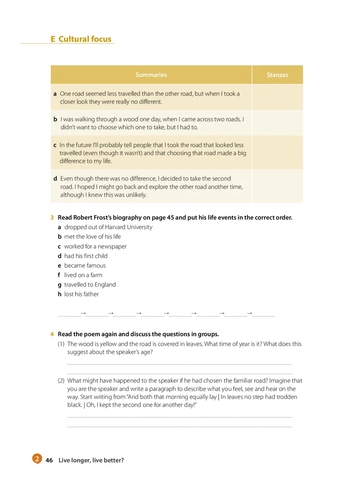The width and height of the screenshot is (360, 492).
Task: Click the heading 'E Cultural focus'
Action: [81, 39]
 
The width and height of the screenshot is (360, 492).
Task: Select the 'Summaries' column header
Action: [151, 75]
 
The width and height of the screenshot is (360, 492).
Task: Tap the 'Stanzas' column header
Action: [277, 75]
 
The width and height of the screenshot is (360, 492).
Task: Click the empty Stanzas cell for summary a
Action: [277, 98]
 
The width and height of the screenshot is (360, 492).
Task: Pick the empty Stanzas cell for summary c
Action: [277, 153]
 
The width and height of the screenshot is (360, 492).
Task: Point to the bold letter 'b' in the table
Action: [55, 119]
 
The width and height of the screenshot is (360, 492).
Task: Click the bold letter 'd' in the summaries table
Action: [55, 179]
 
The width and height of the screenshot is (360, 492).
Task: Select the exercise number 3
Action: [52, 218]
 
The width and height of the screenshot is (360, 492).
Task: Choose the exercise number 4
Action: [52, 334]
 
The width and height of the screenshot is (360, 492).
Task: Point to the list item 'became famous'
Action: [85, 265]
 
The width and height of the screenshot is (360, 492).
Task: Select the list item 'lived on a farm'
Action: [83, 275]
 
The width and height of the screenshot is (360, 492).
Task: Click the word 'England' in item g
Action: [104, 285]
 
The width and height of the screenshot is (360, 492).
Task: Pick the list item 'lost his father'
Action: [81, 294]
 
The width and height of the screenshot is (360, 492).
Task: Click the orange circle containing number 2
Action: [37, 459]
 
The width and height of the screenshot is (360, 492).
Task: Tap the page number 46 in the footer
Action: [49, 460]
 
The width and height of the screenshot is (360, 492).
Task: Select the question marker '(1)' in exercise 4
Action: [61, 344]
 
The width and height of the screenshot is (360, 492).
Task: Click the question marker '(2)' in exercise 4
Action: [61, 380]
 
